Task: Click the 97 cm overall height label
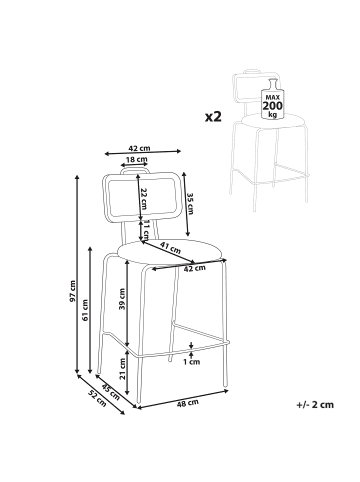pyautogui.click(x=73, y=291)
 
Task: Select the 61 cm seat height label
pyautogui.click(x=85, y=310)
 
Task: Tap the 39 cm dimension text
pyautogui.click(x=122, y=299)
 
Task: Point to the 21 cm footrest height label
pyautogui.click(x=123, y=369)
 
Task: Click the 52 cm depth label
pyautogui.click(x=97, y=398)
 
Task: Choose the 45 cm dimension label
pyautogui.click(x=111, y=392)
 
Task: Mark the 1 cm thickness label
pyautogui.click(x=192, y=362)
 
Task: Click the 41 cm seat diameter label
pyautogui.click(x=170, y=247)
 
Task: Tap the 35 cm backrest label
pyautogui.click(x=190, y=203)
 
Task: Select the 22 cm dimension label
pyautogui.click(x=144, y=198)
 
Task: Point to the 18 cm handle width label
pyautogui.click(x=136, y=159)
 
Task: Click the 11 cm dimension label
pyautogui.click(x=146, y=230)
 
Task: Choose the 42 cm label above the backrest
pyautogui.click(x=139, y=148)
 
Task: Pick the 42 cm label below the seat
pyautogui.click(x=195, y=268)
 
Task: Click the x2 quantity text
pyautogui.click(x=213, y=117)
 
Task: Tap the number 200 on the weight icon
pyautogui.click(x=273, y=106)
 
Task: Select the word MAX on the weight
pyautogui.click(x=273, y=97)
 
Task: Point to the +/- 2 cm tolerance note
pyautogui.click(x=315, y=405)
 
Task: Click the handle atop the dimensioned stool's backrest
pyautogui.click(x=135, y=169)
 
